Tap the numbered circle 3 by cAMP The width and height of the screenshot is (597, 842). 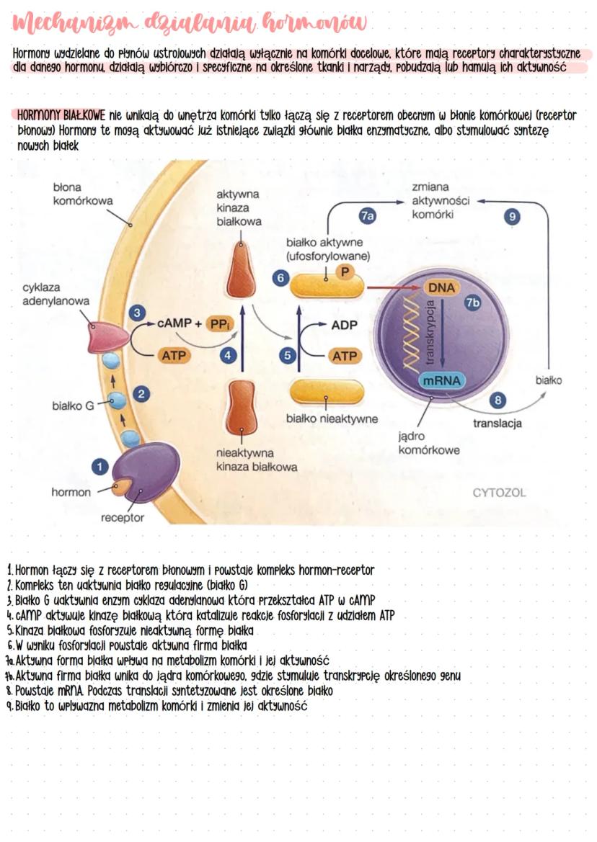[x=136, y=313]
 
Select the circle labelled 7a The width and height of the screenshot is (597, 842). [x=368, y=215]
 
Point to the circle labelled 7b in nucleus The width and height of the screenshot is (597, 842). [x=472, y=303]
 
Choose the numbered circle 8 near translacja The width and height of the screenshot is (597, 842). [x=496, y=400]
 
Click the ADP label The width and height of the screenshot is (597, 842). [x=344, y=325]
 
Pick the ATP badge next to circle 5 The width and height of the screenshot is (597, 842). [x=345, y=355]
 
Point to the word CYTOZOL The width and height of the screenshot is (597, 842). [x=499, y=493]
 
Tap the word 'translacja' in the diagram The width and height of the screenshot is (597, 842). [x=497, y=424]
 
